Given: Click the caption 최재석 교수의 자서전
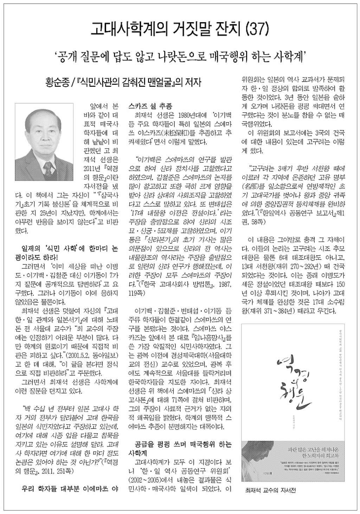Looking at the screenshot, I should click(270, 490).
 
